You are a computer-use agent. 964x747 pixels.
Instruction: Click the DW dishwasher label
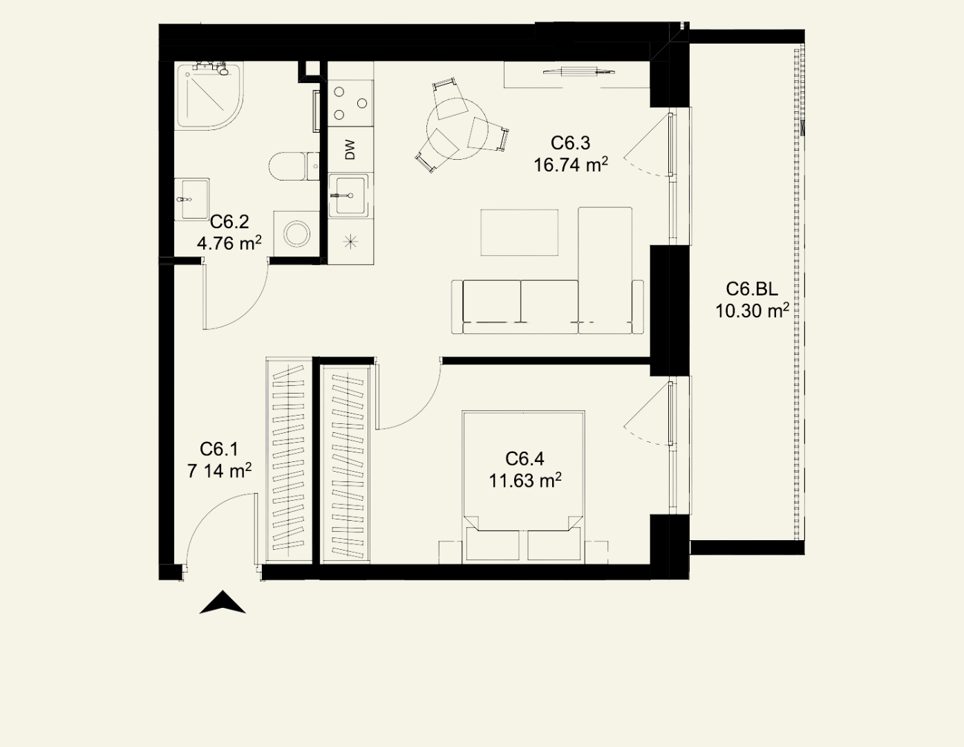click(350, 149)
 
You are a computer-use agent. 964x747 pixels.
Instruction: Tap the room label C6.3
click(571, 143)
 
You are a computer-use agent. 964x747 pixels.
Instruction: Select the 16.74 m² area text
click(571, 165)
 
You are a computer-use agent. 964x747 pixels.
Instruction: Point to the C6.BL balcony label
click(752, 289)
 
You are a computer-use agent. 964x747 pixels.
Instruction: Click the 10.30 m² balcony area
click(752, 311)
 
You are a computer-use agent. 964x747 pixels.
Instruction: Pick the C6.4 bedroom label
click(524, 459)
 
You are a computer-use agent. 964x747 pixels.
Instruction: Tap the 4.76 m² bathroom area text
click(229, 243)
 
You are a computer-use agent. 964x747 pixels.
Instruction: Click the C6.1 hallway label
click(219, 449)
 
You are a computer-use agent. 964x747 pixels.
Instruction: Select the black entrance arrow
click(223, 602)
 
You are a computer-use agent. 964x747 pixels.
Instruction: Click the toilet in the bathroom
click(294, 167)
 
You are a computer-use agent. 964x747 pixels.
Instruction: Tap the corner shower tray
click(209, 96)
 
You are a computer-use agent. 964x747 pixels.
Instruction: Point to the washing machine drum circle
click(296, 234)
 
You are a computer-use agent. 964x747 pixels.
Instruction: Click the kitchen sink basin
click(350, 195)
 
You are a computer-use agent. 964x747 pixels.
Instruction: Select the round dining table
click(457, 129)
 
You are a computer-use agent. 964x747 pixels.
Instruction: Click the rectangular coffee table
click(520, 232)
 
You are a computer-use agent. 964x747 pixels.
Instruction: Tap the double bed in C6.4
click(524, 488)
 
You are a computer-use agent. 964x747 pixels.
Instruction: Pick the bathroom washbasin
click(191, 199)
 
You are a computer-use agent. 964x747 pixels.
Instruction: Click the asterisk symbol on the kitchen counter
click(350, 242)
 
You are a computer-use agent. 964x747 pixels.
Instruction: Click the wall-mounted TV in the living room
click(579, 71)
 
